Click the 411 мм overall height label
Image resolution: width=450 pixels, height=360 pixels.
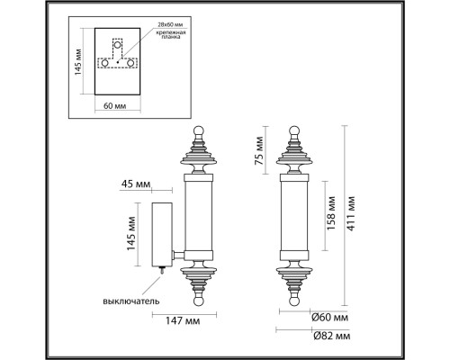click(351, 213)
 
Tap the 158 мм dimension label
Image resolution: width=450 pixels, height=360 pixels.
click(330, 213)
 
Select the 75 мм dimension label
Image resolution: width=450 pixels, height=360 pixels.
click(259, 150)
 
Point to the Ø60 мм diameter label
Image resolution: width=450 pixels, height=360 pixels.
click(329, 318)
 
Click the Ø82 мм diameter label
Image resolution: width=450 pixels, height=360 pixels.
click(331, 336)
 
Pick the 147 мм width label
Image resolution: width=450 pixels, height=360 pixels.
click(183, 320)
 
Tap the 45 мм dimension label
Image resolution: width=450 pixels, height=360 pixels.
click(136, 184)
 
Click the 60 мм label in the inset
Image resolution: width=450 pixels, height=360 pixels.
click(115, 106)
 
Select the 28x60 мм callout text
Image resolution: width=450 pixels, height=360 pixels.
click(170, 25)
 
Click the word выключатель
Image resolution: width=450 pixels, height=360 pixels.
click(131, 301)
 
